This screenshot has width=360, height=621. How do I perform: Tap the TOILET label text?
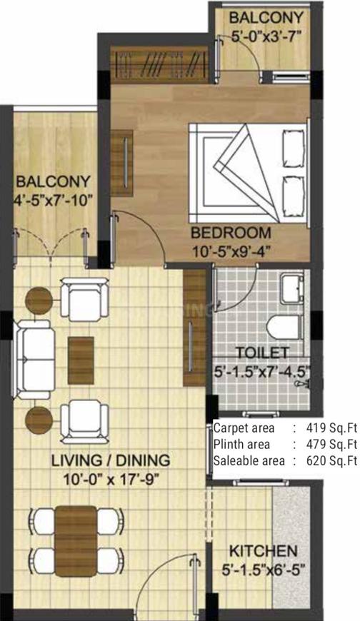click(x=261, y=353)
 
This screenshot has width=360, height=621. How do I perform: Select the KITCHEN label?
click(x=262, y=550)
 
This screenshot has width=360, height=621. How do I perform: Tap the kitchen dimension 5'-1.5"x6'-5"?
click(x=262, y=569)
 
